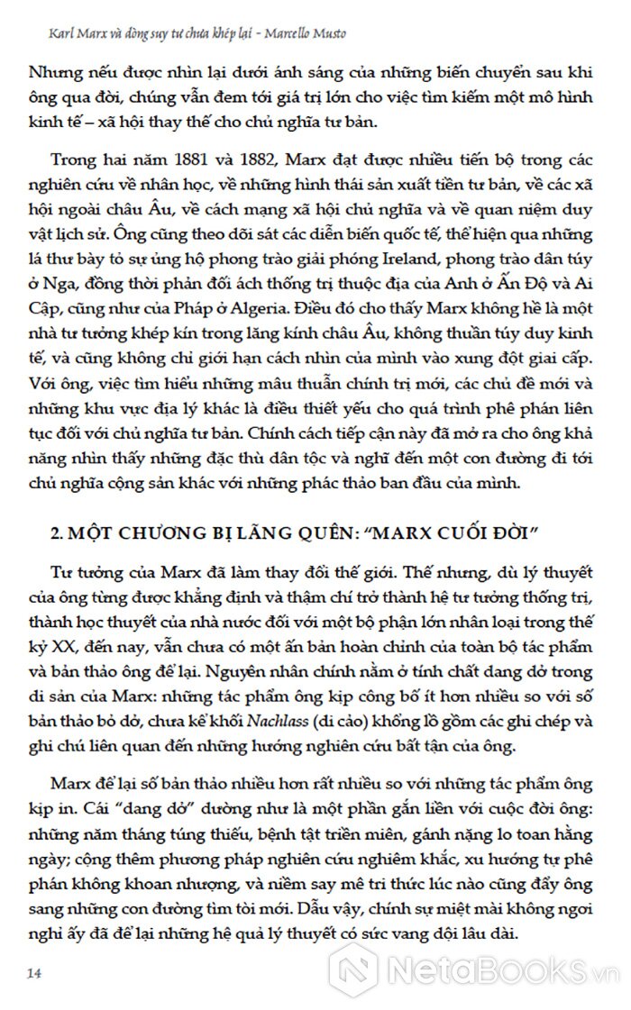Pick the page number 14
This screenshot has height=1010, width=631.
[35, 973]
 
